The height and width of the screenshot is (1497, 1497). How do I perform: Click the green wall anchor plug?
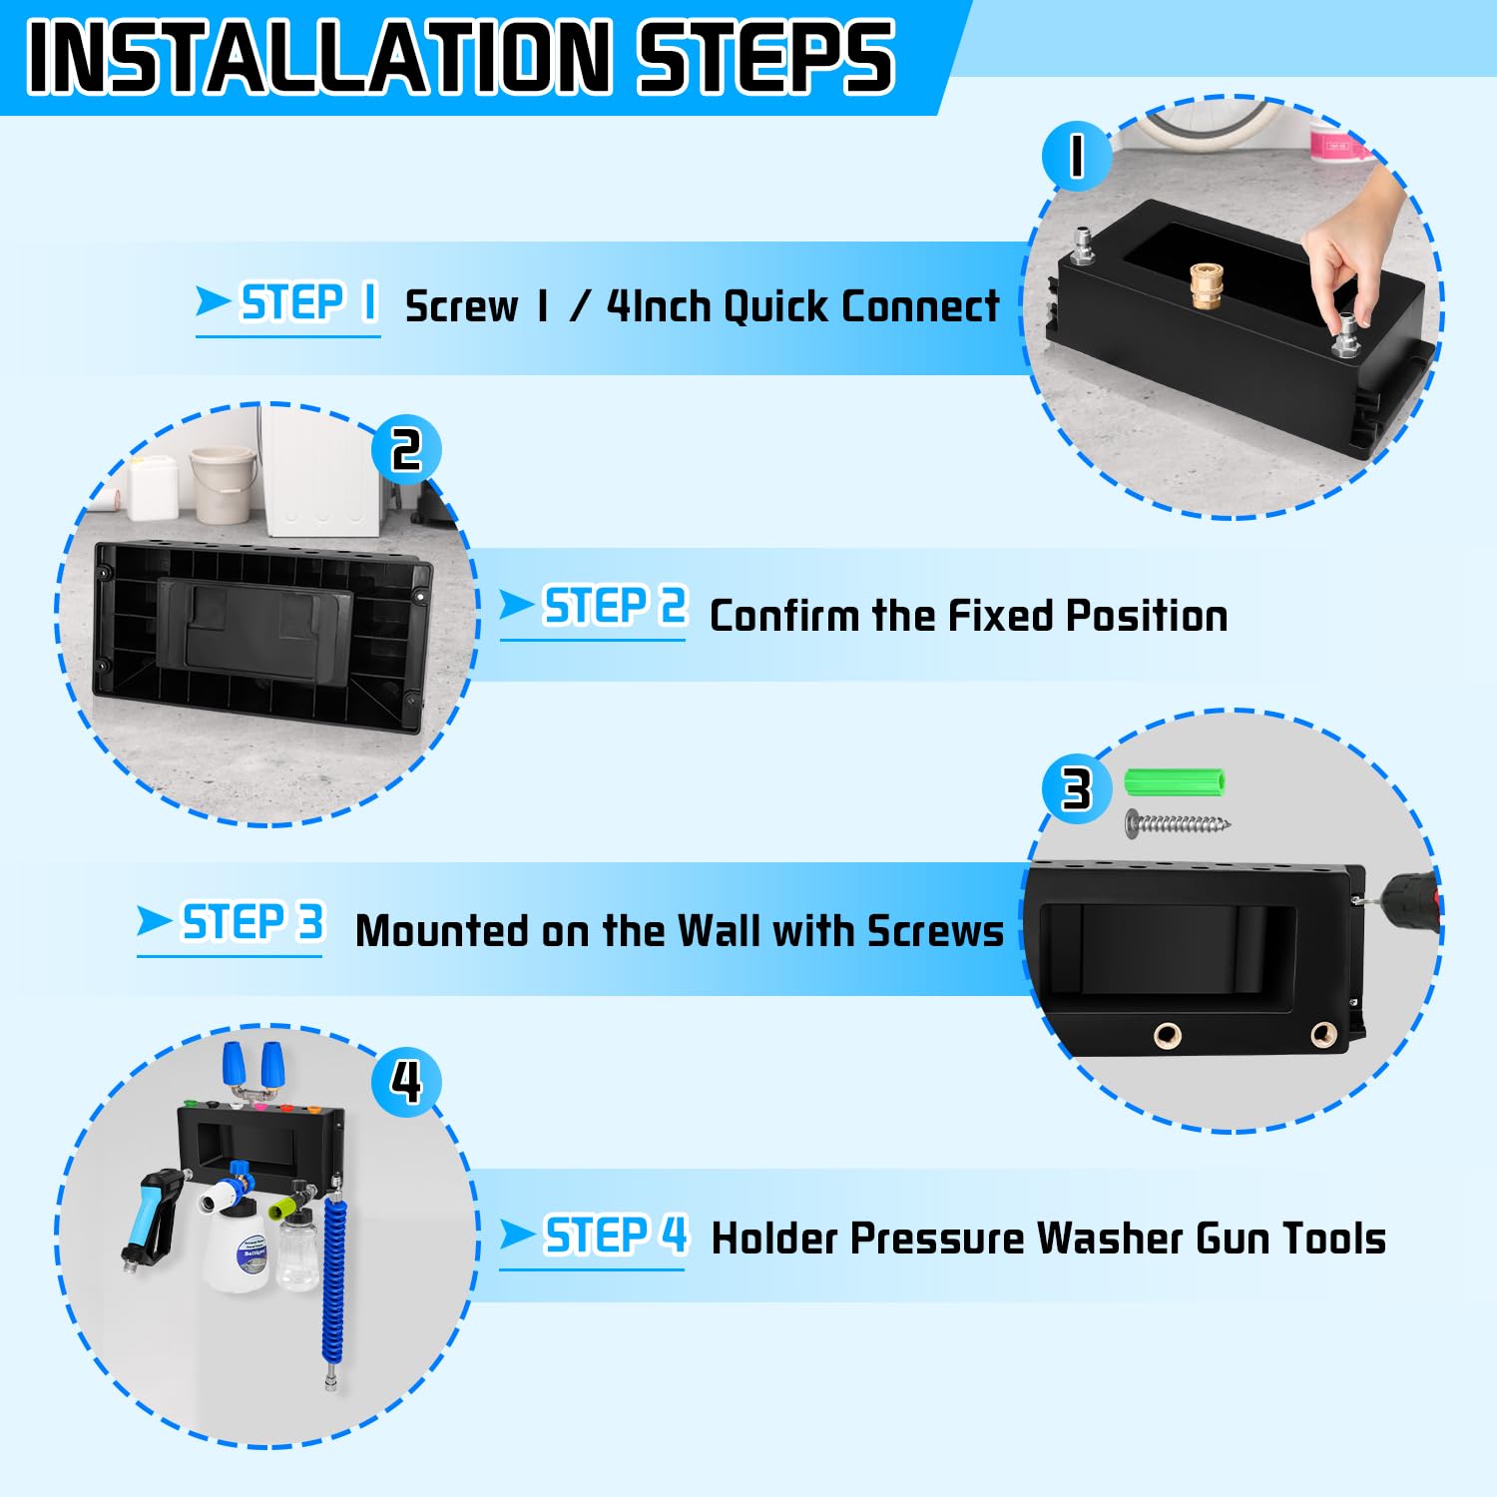(1174, 781)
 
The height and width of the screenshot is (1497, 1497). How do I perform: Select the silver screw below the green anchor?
(1178, 823)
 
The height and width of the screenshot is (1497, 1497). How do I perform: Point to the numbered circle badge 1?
(1076, 157)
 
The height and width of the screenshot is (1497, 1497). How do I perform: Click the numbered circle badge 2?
(405, 450)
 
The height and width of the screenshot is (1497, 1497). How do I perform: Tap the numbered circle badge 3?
(1076, 788)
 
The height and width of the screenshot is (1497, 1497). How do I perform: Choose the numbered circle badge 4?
(405, 1081)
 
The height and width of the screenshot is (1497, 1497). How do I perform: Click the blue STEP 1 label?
(308, 302)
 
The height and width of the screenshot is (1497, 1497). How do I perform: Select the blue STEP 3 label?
(251, 922)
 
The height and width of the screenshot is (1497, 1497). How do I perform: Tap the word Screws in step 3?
(934, 931)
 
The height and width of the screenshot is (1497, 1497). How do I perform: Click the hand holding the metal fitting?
(1352, 249)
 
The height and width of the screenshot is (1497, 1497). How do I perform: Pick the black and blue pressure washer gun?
(155, 1213)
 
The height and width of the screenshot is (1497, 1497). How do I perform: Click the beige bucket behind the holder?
(222, 483)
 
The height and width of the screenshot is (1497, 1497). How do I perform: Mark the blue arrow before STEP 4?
(517, 1235)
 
